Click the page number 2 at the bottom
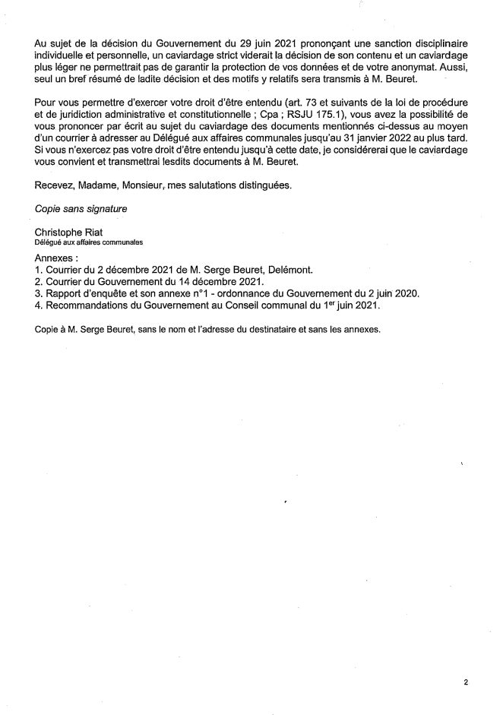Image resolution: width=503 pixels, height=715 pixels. pos(466,683)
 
